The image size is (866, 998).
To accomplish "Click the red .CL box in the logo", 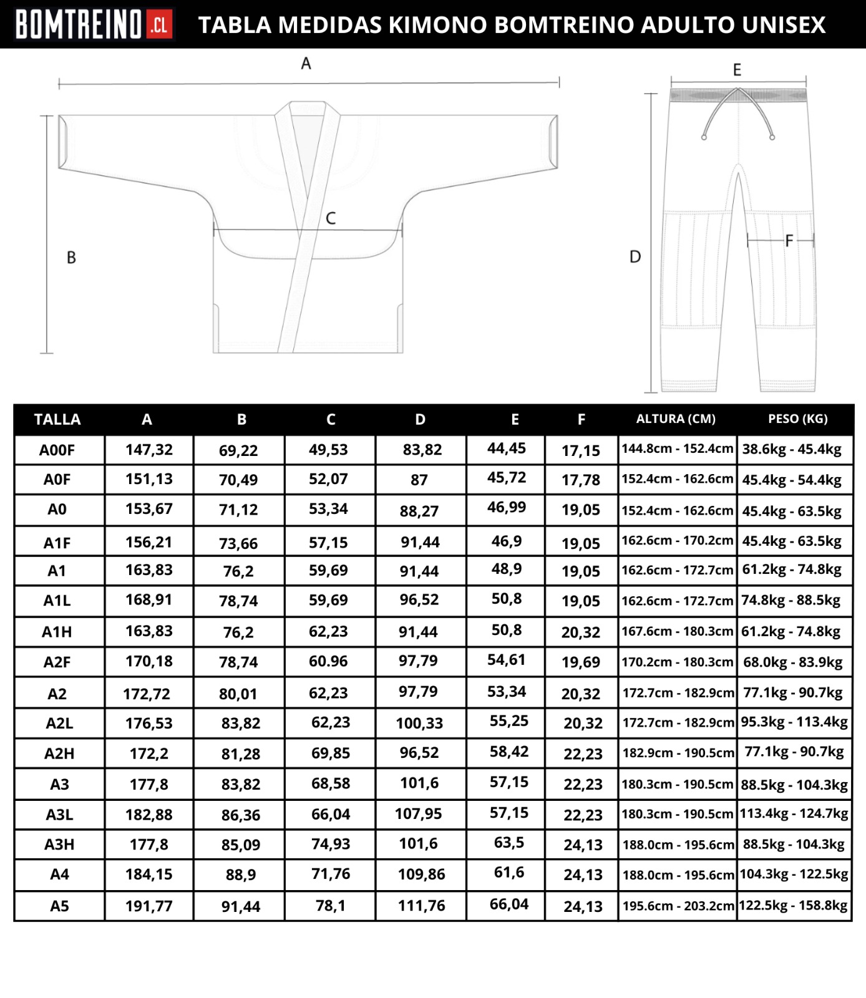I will tap(159, 25).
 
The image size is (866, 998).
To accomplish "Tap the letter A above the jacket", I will tap(306, 64).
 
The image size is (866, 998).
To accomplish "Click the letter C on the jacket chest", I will tap(331, 218).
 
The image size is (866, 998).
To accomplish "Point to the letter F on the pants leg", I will tap(789, 241).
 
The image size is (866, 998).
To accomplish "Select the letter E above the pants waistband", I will tap(737, 70).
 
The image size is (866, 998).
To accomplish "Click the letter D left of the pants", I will tap(635, 257).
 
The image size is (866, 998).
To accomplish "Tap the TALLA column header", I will tap(57, 420).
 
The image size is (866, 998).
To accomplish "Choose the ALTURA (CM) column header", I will tap(676, 419).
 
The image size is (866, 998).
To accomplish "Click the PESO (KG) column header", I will tap(797, 419).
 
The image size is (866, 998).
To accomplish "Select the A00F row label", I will tap(57, 450).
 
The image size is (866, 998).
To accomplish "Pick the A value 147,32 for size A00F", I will tap(149, 450).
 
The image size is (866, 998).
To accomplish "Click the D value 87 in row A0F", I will tap(419, 480).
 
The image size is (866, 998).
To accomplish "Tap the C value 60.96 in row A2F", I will tap(328, 661).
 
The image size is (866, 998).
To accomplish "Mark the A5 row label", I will tap(59, 906).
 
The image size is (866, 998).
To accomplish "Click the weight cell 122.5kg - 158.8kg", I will tap(794, 905).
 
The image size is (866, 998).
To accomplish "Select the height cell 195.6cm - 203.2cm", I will tap(678, 906).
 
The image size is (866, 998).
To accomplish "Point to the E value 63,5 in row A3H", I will tap(509, 843).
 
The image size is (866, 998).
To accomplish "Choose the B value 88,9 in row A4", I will tap(241, 875).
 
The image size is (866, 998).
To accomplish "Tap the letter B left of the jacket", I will tap(71, 258).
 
